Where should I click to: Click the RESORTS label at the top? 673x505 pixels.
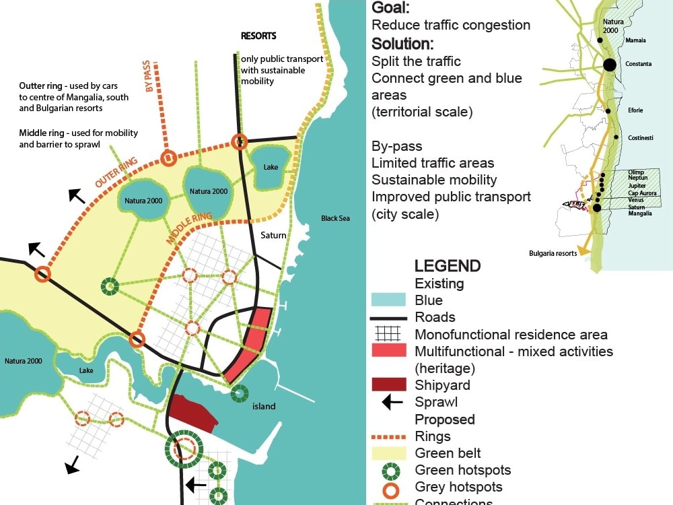point(258,36)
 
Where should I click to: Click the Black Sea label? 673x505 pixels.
point(335,218)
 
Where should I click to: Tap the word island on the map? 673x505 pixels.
point(264,406)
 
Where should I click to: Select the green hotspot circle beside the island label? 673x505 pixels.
point(238,394)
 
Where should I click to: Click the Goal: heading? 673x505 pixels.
point(390,8)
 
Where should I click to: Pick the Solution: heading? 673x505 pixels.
point(402,44)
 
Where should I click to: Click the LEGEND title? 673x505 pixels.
point(448,265)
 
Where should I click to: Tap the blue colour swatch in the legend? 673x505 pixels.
point(388,300)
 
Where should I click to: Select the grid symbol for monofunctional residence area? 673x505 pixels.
point(388,334)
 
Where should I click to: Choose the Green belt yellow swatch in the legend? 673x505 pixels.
point(388,453)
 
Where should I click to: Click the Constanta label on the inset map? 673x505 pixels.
point(638,64)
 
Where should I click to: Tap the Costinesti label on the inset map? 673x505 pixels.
point(641,137)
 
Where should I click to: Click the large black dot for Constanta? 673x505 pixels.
point(609,65)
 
